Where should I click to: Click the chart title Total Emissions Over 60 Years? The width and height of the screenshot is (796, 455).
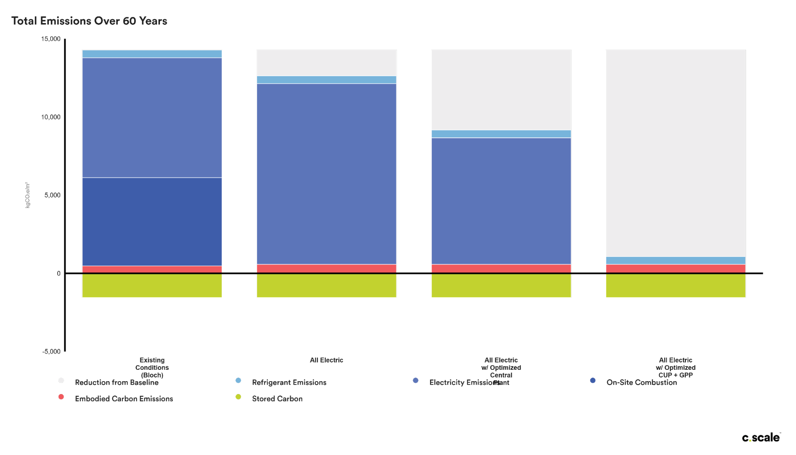pos(89,21)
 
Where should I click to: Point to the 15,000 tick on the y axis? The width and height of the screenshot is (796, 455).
pos(51,39)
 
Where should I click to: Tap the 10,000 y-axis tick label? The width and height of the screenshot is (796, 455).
pos(51,117)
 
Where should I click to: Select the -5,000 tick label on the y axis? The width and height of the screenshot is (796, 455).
pos(51,351)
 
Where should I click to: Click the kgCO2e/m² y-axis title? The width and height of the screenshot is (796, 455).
pos(28,195)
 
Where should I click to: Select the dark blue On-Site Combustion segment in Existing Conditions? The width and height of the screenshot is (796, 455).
pos(152,221)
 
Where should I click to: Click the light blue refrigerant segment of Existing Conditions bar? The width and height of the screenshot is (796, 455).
pos(152,54)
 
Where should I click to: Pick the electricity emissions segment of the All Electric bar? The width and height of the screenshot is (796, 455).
pos(326,174)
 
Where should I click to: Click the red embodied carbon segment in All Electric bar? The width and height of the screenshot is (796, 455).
pos(326,268)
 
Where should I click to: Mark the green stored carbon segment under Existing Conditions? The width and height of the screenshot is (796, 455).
pos(152,286)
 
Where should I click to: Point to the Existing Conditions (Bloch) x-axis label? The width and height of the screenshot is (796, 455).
pos(152,368)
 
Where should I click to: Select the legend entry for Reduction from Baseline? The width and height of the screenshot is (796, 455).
pos(117,383)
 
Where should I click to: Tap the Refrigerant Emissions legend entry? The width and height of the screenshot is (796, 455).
pos(289,383)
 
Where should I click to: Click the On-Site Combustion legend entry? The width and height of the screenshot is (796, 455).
pos(641,383)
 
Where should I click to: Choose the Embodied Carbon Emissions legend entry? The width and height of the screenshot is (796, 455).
pos(124,399)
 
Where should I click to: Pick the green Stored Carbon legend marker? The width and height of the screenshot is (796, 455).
pos(238,397)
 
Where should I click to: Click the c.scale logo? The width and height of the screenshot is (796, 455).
pos(761,438)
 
